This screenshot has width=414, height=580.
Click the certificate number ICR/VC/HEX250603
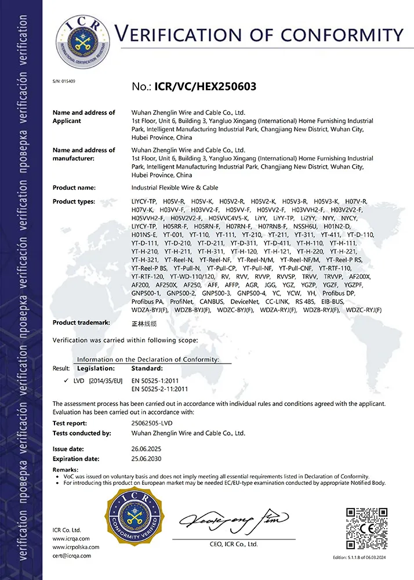point(205,87)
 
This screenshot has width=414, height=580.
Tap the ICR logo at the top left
point(81,42)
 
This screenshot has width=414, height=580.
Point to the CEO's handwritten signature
point(232,519)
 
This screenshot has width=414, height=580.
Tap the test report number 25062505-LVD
point(156,423)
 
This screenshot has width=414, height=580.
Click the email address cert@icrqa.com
point(71,556)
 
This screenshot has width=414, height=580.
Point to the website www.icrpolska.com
point(76,547)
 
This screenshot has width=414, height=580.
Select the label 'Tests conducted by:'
point(82,433)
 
